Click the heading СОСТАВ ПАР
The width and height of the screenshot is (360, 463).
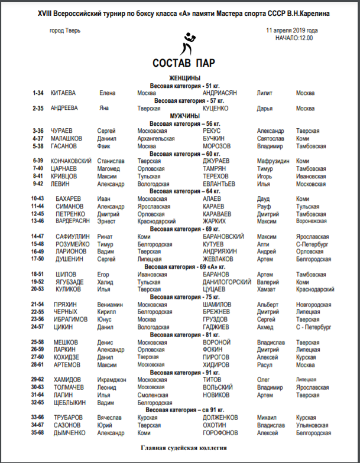(x=183, y=63)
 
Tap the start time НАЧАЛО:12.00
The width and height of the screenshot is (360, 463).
(x=294, y=38)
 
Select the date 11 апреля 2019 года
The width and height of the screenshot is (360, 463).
(x=291, y=30)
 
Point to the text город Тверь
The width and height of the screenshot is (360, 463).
(x=66, y=30)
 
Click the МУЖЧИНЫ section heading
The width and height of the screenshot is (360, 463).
(x=184, y=116)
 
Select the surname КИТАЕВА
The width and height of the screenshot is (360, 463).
(x=63, y=93)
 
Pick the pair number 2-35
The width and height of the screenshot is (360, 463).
(x=38, y=109)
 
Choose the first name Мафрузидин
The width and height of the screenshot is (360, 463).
(x=273, y=161)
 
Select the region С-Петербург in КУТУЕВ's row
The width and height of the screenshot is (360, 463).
(x=311, y=243)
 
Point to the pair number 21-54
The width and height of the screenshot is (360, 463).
(x=38, y=304)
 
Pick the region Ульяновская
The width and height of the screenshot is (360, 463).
(x=313, y=425)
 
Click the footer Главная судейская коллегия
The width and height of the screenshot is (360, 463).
(x=184, y=448)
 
